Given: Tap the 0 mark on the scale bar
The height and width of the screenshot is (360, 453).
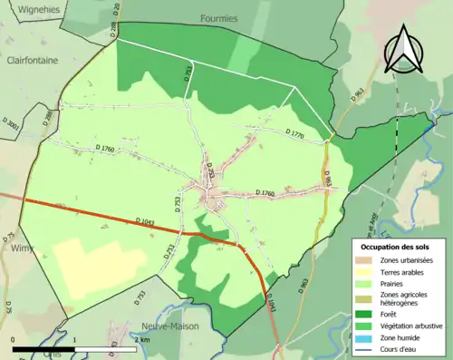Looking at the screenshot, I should point(14,340).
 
